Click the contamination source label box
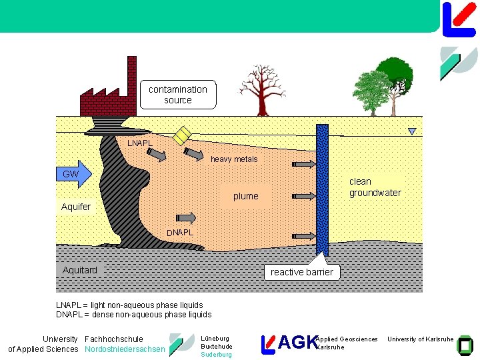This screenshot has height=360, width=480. pyautogui.click(x=178, y=95)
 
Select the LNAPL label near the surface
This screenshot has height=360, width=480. pyautogui.click(x=140, y=143)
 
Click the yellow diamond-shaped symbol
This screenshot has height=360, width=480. pyautogui.click(x=182, y=135)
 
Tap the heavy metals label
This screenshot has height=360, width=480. pyautogui.click(x=234, y=159)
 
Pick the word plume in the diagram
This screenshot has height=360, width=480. pyautogui.click(x=245, y=197)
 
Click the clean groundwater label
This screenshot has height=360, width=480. pyautogui.click(x=375, y=187)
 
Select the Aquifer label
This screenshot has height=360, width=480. pyautogui.click(x=76, y=207)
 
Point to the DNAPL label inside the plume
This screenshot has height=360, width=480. pyautogui.click(x=180, y=233)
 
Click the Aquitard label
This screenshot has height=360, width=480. pyautogui.click(x=80, y=270)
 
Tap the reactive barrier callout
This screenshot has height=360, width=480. pyautogui.click(x=302, y=272)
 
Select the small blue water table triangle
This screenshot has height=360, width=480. pyautogui.click(x=412, y=131)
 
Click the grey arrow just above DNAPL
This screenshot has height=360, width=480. pyautogui.click(x=186, y=218)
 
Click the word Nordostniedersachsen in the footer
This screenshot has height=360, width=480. pyautogui.click(x=125, y=349)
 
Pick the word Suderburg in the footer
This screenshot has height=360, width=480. pyautogui.click(x=216, y=355)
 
